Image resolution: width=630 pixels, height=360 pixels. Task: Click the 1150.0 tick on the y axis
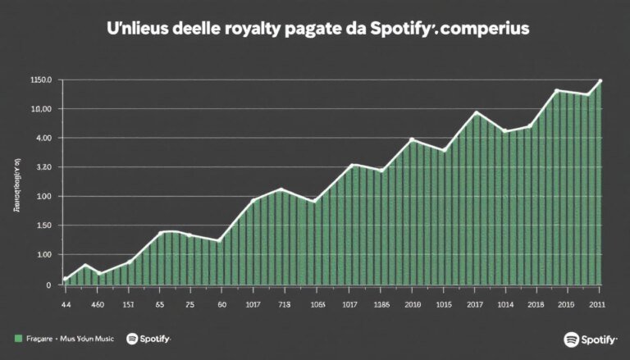tap(40, 80)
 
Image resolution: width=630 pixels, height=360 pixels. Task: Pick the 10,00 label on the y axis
tap(41, 109)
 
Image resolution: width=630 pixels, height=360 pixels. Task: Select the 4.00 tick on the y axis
tap(42, 138)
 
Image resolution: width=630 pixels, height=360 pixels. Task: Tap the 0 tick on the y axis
tap(48, 285)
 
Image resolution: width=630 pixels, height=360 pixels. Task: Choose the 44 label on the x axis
tap(66, 305)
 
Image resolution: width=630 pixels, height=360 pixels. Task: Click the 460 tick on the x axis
tap(97, 305)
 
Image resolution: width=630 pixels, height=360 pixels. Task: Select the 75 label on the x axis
tap(190, 305)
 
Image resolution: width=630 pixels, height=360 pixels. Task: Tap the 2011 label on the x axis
tap(598, 305)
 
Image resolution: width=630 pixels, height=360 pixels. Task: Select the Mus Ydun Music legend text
tap(89, 339)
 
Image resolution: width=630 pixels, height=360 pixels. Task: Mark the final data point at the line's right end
tap(600, 80)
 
